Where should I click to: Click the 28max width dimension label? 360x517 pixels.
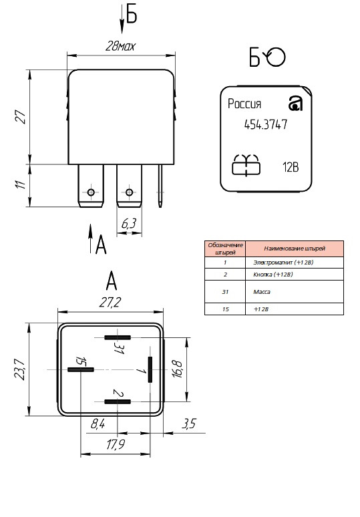pos(120,46)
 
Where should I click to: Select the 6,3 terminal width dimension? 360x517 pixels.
pos(128,224)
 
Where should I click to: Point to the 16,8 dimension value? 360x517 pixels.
pos(177,369)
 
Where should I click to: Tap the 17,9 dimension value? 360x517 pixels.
pos(116,444)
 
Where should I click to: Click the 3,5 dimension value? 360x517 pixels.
pos(189,423)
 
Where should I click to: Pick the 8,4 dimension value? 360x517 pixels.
pos(98,423)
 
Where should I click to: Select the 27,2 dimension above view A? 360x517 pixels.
pos(110,303)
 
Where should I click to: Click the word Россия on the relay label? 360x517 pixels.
pos(244,104)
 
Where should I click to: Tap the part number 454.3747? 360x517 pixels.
pos(266,125)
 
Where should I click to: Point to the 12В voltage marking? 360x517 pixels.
pos(291,167)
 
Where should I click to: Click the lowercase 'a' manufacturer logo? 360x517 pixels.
pos(295,104)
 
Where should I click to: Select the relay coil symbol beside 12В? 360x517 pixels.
pos(246,165)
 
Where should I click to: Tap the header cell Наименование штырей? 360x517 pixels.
pos(295,248)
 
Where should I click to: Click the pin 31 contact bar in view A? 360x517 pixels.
pos(118,337)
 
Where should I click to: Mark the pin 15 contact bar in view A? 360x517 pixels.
pos(81,369)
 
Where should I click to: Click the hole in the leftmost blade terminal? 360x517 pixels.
pos(91,192)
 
